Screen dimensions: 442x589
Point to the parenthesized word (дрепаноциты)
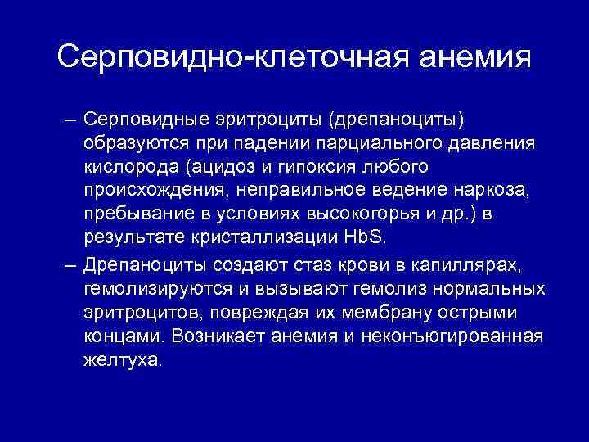tap(397, 121)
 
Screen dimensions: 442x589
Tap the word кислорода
tap(132, 167)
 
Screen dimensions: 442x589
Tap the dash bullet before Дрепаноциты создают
tap(71, 266)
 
